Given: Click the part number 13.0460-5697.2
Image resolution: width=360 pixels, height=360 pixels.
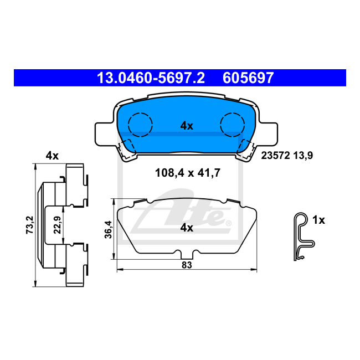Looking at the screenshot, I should click(151, 78).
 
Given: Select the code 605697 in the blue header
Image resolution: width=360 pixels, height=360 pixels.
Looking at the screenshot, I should click(248, 78).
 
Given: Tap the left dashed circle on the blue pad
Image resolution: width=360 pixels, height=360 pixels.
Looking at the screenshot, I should click(140, 124).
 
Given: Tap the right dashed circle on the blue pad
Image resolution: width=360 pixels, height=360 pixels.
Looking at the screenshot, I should click(233, 124).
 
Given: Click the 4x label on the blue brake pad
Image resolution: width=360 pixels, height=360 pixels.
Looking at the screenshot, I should click(187, 126).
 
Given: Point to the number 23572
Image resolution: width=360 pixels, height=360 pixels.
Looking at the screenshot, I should click(275, 156).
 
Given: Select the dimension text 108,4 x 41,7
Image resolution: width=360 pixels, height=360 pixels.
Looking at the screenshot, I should click(187, 173).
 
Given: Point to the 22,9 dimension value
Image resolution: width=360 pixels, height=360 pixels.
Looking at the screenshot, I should click(56, 225).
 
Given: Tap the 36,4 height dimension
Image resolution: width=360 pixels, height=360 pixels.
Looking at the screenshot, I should click(109, 228).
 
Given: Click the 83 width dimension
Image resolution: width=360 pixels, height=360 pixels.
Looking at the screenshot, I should click(186, 265).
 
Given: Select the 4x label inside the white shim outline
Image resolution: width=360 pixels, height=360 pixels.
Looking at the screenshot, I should click(187, 228).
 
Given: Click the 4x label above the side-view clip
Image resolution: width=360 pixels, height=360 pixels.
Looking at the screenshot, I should click(52, 156).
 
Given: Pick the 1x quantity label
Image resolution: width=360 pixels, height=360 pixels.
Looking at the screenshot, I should click(318, 220).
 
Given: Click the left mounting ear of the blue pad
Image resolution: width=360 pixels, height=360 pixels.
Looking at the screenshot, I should click(104, 131).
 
